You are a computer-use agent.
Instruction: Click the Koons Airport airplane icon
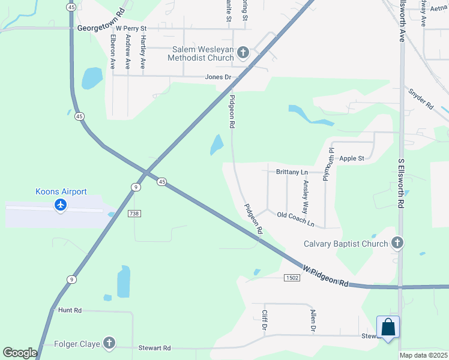pyautogui.click(x=60, y=206)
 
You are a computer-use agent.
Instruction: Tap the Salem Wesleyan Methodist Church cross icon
pyautogui.click(x=243, y=52)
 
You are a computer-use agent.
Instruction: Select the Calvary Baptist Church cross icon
pyautogui.click(x=396, y=243)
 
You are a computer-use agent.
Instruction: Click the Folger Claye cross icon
pyautogui.click(x=109, y=343)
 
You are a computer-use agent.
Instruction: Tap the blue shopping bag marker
pyautogui.click(x=388, y=328)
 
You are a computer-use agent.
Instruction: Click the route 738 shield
pyautogui.click(x=134, y=213)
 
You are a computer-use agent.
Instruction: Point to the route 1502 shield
pyautogui.click(x=292, y=277)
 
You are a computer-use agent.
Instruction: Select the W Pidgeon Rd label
pyautogui.click(x=325, y=275)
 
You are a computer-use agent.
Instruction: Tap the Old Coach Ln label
pyautogui.click(x=295, y=219)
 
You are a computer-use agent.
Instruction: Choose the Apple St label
pyautogui.click(x=352, y=158)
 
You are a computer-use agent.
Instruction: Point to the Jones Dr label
pyautogui.click(x=218, y=77)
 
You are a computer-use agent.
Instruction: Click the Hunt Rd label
pyautogui.click(x=70, y=310)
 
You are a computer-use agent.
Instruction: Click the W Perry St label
pyautogui.click(x=131, y=28)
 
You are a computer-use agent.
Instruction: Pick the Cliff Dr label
pyautogui.click(x=264, y=320)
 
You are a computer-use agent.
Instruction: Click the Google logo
pyautogui.click(x=20, y=353)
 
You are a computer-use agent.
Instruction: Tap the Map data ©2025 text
pyautogui.click(x=423, y=355)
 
